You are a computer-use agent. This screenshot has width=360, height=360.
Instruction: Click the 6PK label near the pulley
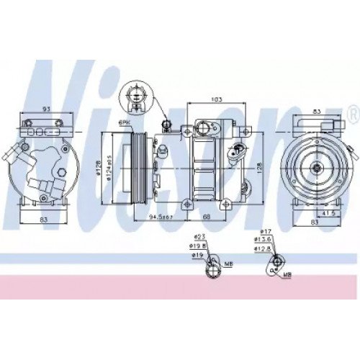(125, 123)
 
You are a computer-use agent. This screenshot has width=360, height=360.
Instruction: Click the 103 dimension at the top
(215, 99)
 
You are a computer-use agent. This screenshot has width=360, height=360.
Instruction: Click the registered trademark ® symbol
(351, 114)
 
